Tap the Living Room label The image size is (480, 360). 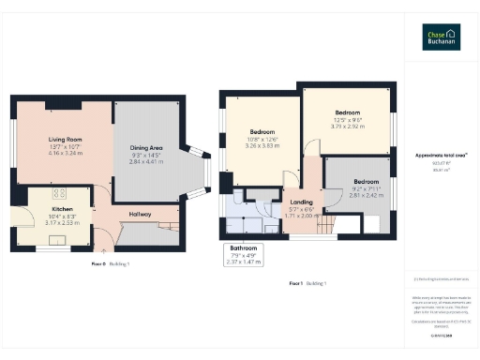64,140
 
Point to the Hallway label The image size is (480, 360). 139,214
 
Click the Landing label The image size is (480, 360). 302,202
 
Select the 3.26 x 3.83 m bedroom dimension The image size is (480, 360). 262,146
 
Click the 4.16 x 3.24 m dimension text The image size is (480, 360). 64,151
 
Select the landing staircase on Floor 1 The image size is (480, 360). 323,224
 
